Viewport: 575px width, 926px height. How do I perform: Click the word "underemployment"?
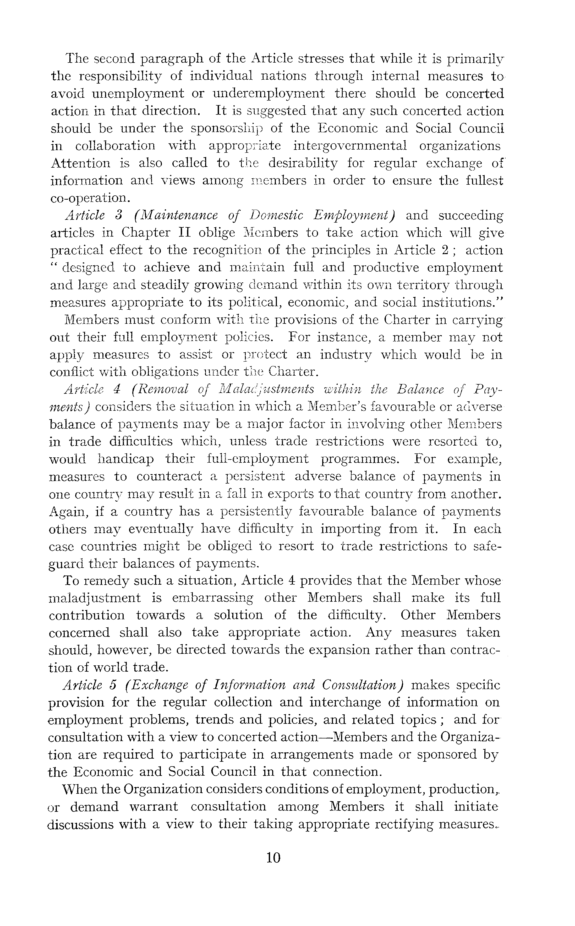(269, 94)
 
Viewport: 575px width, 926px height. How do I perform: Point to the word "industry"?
(345, 355)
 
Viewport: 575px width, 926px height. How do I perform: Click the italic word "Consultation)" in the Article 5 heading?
(362, 685)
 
